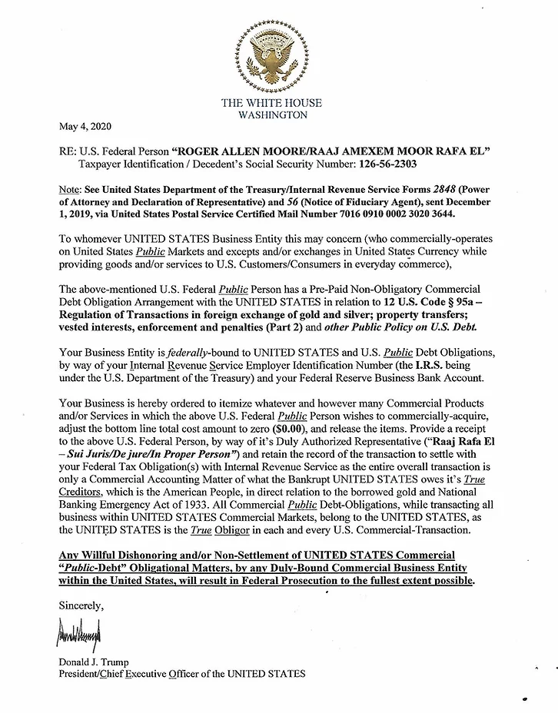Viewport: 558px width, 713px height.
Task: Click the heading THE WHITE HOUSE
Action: pos(271,103)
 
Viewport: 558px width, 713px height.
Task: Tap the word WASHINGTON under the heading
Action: pos(274,115)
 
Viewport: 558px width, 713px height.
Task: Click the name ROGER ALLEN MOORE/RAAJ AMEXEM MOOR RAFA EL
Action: pos(331,151)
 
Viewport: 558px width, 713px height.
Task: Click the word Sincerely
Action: pos(81,605)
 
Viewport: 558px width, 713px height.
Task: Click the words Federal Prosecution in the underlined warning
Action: pos(313,581)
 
